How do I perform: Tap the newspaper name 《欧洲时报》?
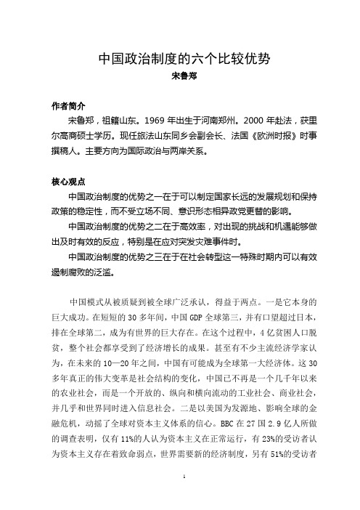pyautogui.click(x=259, y=133)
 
